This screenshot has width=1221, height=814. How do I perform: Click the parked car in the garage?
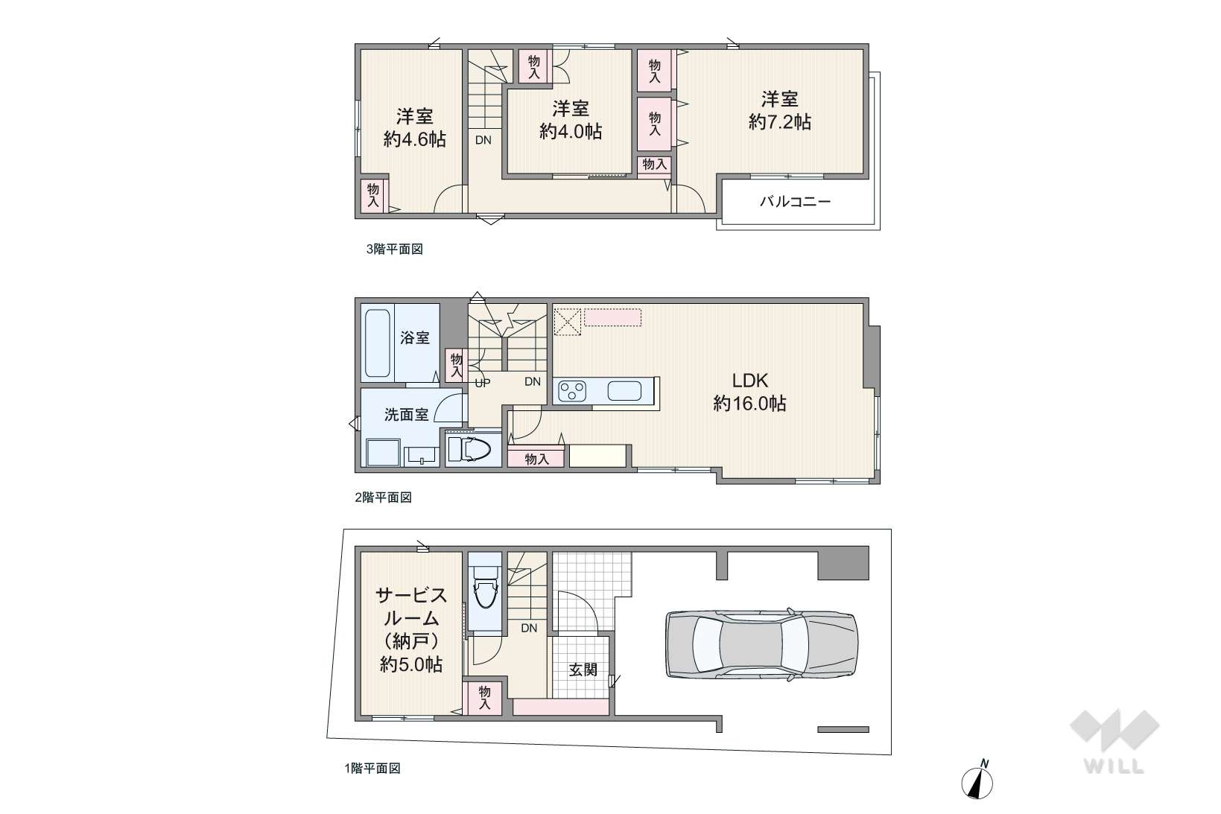click(x=761, y=644)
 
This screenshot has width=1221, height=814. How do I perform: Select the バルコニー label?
click(x=796, y=202)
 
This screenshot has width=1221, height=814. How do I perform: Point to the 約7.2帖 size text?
click(x=780, y=122)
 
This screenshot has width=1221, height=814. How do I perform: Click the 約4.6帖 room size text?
click(x=415, y=139)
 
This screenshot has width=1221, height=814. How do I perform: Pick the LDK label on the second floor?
click(x=750, y=380)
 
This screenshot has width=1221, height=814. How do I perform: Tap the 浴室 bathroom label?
click(x=415, y=338)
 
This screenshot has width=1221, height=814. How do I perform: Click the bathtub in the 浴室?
click(x=377, y=343)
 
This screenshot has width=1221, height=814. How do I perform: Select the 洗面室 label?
click(x=407, y=415)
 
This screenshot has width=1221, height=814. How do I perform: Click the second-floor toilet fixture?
click(x=469, y=450)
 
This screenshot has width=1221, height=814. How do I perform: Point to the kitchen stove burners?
click(x=572, y=391)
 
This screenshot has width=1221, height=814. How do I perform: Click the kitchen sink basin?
click(x=624, y=391)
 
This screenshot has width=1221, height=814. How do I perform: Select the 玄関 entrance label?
click(x=583, y=670)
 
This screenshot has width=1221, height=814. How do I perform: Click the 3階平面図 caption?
click(x=395, y=249)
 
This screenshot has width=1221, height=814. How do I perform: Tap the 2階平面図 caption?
click(x=383, y=497)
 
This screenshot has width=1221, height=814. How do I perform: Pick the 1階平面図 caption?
click(x=372, y=769)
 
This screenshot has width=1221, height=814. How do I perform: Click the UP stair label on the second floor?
click(x=483, y=383)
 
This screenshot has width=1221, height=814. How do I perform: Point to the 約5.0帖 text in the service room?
click(x=411, y=665)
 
